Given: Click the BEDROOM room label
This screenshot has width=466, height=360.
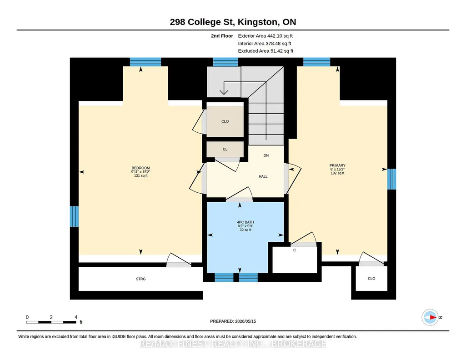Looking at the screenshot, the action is click(140, 168).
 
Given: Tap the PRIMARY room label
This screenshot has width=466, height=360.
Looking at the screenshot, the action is click(337, 165).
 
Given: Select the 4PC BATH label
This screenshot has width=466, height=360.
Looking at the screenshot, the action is click(245, 222).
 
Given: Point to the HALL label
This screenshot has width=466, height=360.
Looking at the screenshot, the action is click(263, 176).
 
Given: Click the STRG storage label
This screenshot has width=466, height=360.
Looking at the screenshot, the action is click(140, 279).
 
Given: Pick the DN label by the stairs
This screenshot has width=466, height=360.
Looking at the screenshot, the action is click(266, 155).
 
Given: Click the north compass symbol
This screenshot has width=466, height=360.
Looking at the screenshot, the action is click(431, 317).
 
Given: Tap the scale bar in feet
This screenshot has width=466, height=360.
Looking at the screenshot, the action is click(51, 322).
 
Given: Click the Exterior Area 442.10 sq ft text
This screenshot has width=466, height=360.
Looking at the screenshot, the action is click(265, 36).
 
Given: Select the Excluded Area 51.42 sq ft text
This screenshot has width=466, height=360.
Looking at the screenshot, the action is click(266, 51).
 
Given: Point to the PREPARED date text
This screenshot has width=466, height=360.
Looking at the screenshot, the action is click(233, 321).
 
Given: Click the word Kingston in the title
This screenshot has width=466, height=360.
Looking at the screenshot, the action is click(258, 22).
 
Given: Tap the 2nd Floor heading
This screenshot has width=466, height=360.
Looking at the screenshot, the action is click(222, 36).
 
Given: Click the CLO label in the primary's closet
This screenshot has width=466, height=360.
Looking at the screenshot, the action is click(371, 279).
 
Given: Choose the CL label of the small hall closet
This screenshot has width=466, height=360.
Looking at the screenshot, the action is click(225, 150).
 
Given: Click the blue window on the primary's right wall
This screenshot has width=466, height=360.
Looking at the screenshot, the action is click(392, 179).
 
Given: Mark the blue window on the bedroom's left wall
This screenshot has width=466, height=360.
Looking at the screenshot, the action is click(74, 216).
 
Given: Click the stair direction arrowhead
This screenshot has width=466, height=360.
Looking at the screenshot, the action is click(224, 91).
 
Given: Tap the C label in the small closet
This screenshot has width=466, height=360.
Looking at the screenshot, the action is click(295, 250).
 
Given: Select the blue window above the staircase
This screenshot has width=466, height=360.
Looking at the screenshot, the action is click(225, 62).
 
